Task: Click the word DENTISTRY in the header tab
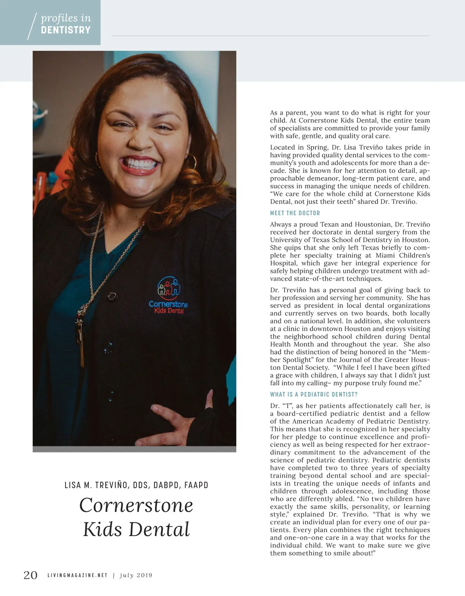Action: click(x=65, y=30)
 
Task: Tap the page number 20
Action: click(x=31, y=575)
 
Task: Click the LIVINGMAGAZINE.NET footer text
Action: click(x=77, y=575)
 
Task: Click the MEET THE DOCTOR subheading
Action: click(x=295, y=213)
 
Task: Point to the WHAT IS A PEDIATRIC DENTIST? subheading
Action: click(x=314, y=394)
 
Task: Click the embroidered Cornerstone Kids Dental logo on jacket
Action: click(x=168, y=295)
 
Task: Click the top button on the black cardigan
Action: click(x=112, y=296)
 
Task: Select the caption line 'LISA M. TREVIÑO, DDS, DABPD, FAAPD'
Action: click(x=136, y=485)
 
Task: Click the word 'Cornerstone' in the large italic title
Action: click(x=136, y=505)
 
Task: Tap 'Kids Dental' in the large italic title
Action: click(x=136, y=529)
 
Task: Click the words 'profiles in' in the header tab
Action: click(x=66, y=18)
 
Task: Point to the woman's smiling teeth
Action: click(x=140, y=163)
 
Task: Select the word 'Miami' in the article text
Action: click(x=374, y=255)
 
